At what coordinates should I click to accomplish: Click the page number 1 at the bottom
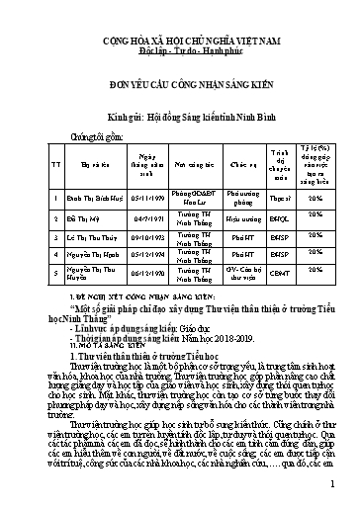tap(335, 483)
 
